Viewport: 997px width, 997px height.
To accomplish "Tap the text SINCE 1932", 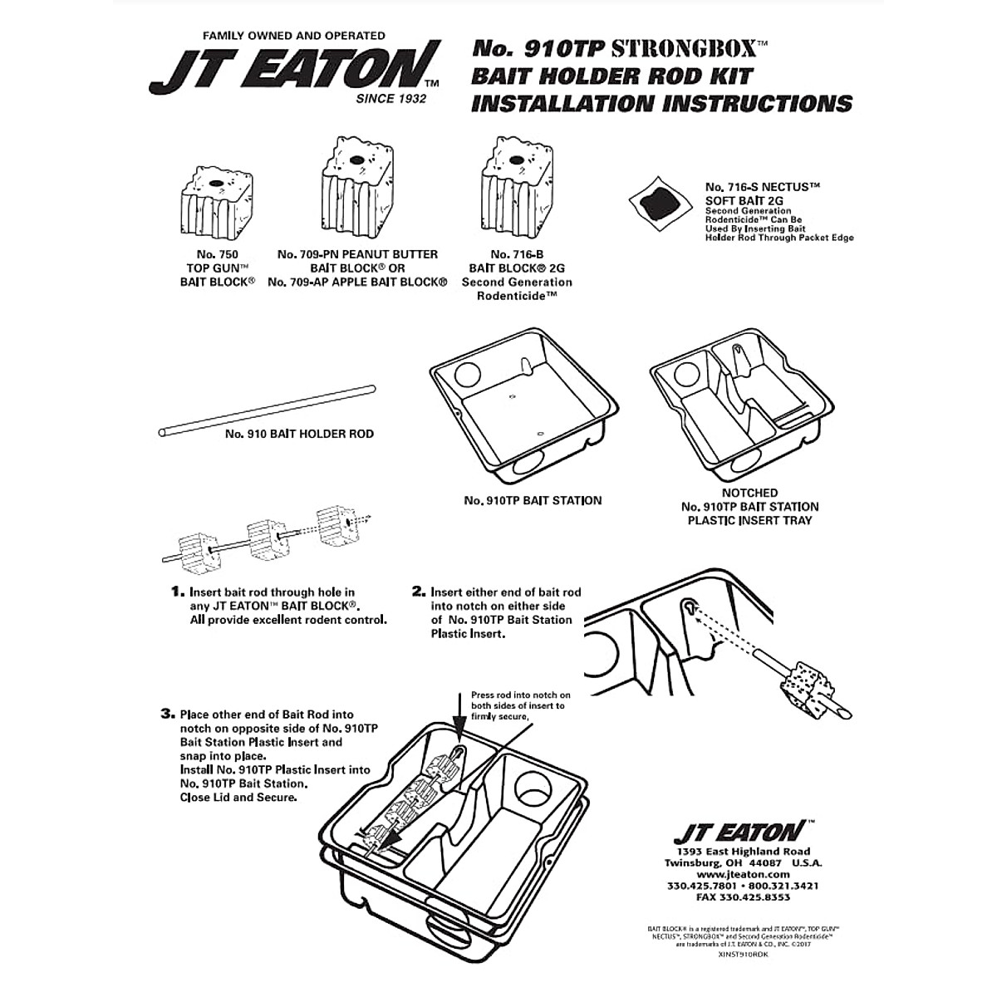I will click(x=390, y=99).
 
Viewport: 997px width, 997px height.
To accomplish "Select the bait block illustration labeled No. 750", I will click(x=215, y=202).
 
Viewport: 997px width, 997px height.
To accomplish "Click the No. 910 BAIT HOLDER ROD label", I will click(x=299, y=434).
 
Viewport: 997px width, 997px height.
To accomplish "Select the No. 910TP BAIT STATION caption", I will click(x=533, y=500).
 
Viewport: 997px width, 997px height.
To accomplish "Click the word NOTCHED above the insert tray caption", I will click(x=749, y=493).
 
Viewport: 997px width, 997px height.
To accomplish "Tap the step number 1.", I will click(x=176, y=592).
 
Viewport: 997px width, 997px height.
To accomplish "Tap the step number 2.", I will click(x=419, y=592).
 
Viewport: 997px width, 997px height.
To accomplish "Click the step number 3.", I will click(x=167, y=714).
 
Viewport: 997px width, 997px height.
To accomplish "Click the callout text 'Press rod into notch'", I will click(x=520, y=695).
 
